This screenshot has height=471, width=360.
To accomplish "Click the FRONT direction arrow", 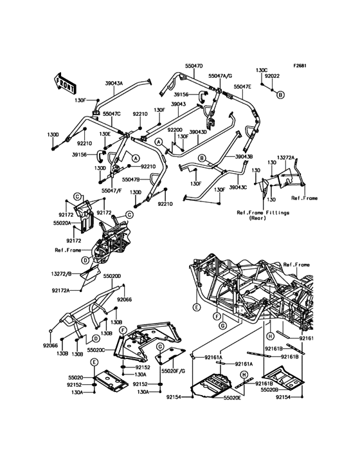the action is [x=65, y=82].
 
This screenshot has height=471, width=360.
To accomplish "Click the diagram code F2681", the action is [x=300, y=66].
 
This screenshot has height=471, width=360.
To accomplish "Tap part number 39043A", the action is [x=114, y=83].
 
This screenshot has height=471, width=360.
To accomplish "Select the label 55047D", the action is [x=194, y=66].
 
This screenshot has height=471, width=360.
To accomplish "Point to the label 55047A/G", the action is [x=221, y=77].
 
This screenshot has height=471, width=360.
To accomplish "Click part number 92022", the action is [x=273, y=76].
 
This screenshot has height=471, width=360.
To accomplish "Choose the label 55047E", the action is [x=242, y=86].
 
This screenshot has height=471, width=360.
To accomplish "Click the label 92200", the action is [x=175, y=130].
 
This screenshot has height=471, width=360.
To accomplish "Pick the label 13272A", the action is [x=285, y=158].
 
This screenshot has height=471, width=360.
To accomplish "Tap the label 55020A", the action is [x=62, y=223].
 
